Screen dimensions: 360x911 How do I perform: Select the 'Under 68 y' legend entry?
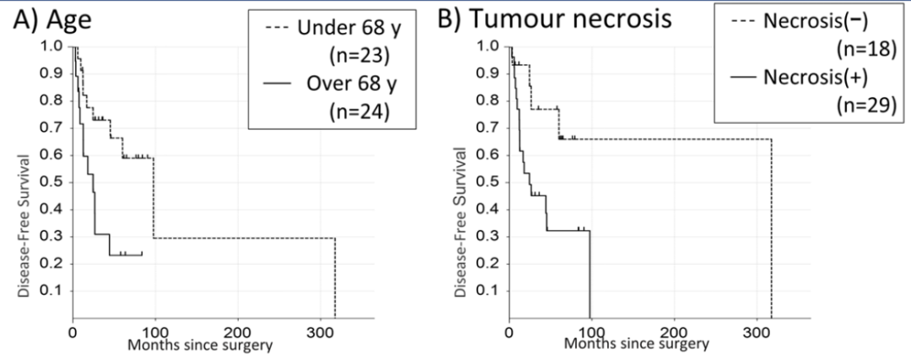pos(342,32)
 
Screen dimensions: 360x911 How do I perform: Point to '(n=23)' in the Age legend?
pos(357,58)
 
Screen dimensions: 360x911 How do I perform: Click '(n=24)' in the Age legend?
pos(357,112)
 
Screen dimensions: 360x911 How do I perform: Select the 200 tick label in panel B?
pos(673,331)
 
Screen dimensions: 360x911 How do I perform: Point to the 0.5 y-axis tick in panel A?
pos(51,181)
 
